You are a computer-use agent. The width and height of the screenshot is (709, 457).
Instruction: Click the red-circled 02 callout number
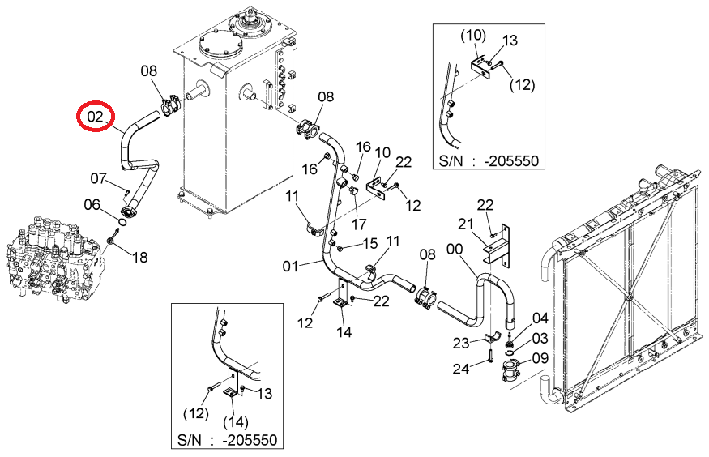coord(95,117)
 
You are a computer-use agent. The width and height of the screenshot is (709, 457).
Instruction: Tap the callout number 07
coord(98,178)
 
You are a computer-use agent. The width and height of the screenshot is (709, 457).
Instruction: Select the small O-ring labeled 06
coord(122,221)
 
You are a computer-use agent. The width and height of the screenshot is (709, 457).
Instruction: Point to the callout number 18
coord(139,257)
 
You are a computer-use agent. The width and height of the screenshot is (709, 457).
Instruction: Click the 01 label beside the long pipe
coord(290,267)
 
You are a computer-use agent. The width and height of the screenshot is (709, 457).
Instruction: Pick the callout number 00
coord(455,249)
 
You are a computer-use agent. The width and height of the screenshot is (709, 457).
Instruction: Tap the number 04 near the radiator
coord(540,318)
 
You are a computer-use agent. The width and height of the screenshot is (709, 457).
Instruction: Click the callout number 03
coord(540,338)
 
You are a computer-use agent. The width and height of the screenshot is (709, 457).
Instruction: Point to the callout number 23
coord(461,343)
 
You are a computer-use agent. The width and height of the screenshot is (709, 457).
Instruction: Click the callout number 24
coord(461,369)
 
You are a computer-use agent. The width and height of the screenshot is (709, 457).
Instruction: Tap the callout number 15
coord(369,243)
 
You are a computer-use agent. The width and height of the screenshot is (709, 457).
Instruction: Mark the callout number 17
coord(358,224)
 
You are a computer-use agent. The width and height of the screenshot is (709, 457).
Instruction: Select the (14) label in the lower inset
coord(236,422)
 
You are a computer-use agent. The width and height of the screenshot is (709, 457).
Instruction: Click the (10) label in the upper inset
coord(473,36)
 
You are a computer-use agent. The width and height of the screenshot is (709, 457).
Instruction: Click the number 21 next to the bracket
coord(465,224)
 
